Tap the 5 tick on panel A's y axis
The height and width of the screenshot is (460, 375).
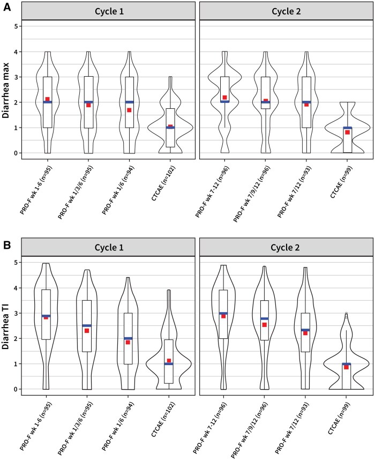(x=17, y=26)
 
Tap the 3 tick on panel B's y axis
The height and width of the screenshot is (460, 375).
(x=17, y=313)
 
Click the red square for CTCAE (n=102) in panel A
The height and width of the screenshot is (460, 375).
(x=170, y=127)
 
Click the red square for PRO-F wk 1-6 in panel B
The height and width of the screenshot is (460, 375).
(x=47, y=317)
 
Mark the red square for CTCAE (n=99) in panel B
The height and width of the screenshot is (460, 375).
(x=347, y=367)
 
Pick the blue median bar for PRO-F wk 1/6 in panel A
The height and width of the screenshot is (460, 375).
(x=129, y=102)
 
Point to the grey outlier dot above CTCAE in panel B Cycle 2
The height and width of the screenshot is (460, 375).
(x=347, y=314)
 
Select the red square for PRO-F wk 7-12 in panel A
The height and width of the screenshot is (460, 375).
(x=225, y=98)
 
